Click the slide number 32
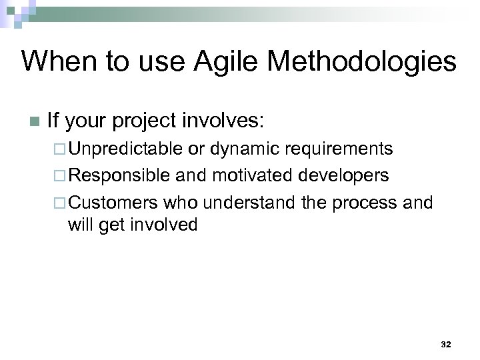point(446,345)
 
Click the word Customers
point(113,202)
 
